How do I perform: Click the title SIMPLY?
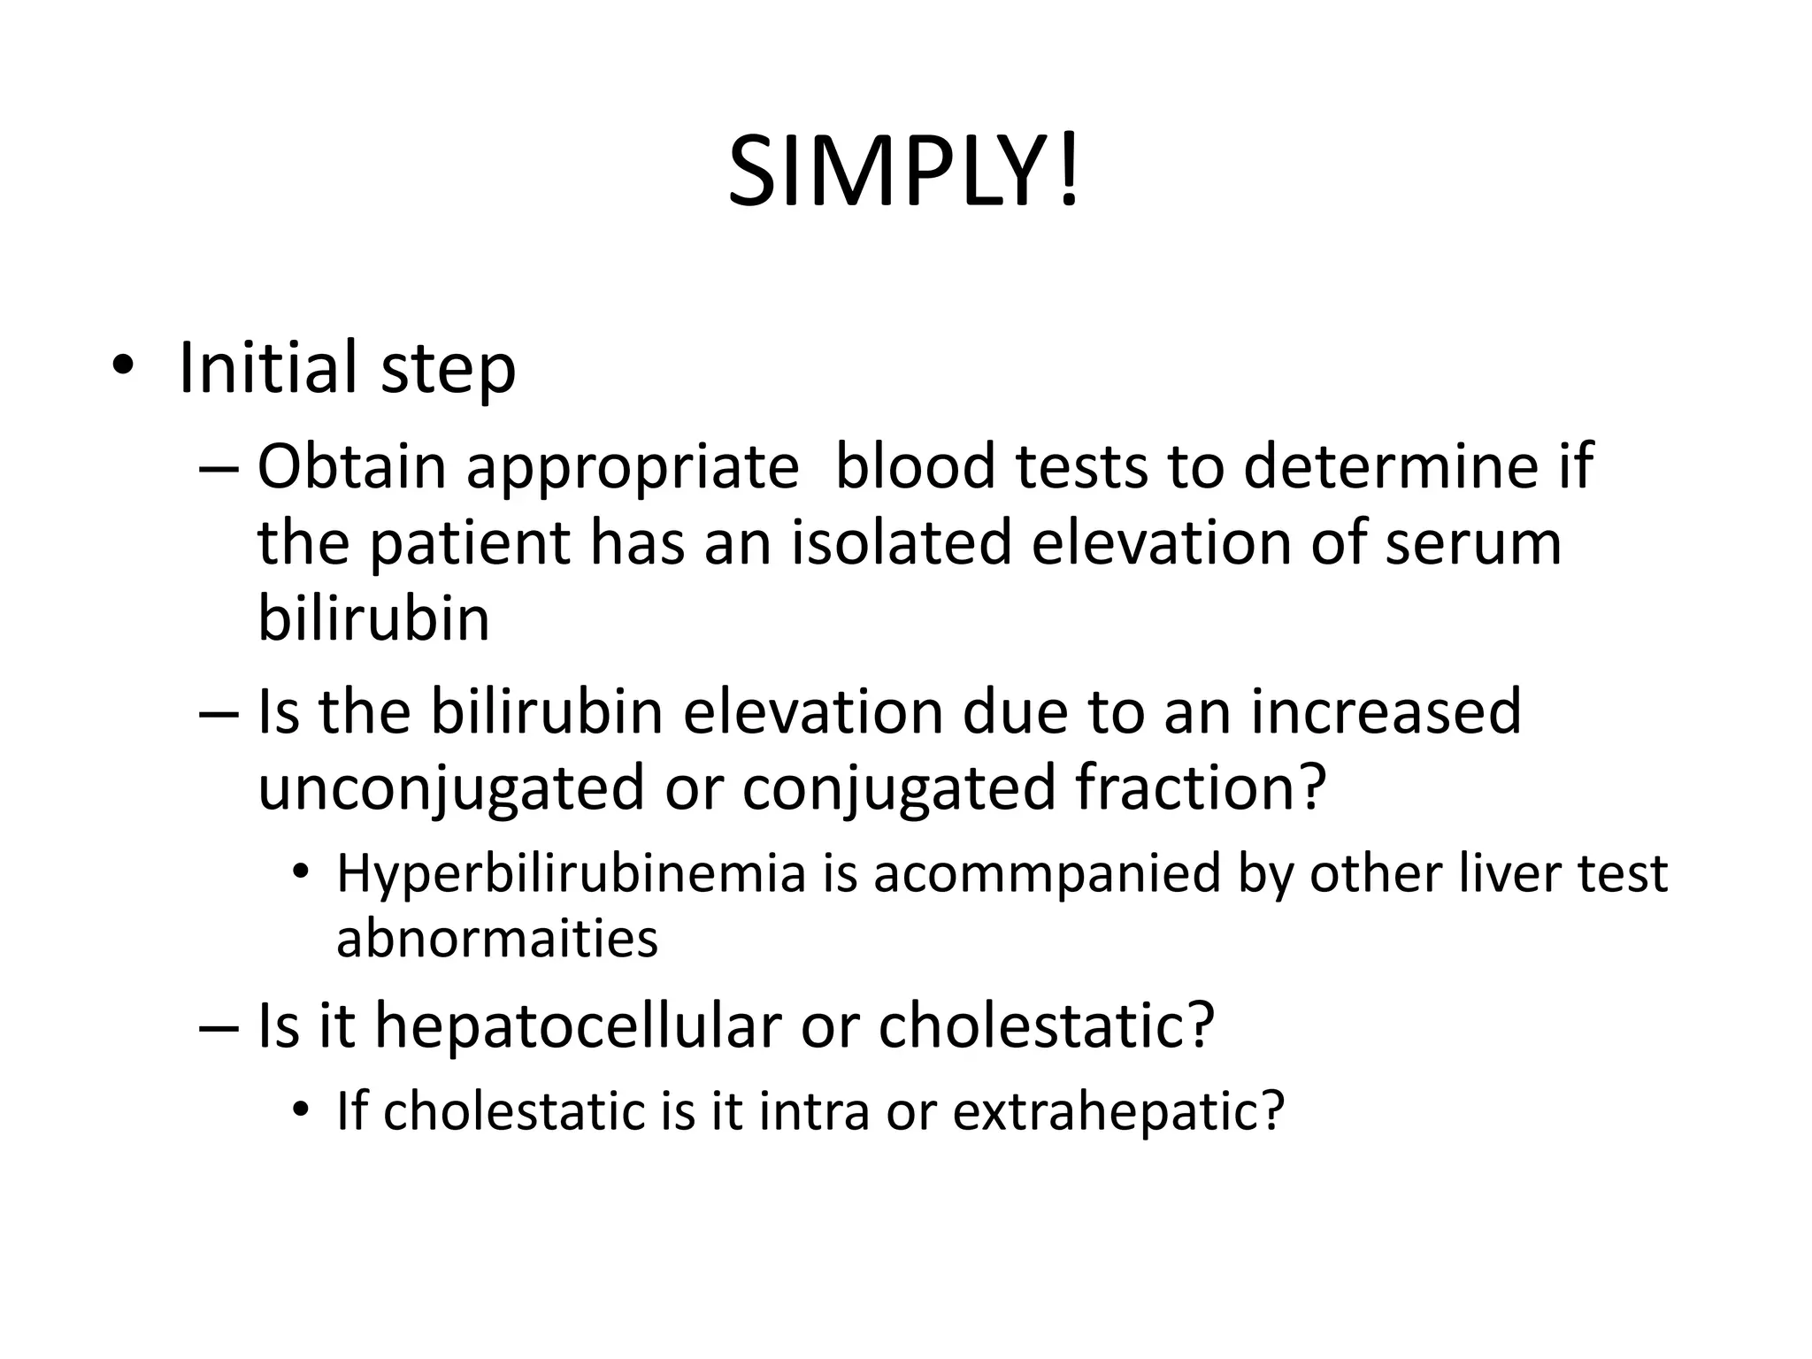tap(903, 173)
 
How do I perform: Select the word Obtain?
tap(351, 466)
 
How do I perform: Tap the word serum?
tap(1473, 544)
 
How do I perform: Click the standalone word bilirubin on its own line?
tap(373, 618)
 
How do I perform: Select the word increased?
tap(1386, 711)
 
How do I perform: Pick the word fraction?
tap(1201, 787)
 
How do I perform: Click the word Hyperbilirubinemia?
tap(571, 875)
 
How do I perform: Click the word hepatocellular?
tap(578, 1025)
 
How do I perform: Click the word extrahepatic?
tap(1117, 1112)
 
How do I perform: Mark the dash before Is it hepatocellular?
tap(219, 1027)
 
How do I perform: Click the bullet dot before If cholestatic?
tap(302, 1109)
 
